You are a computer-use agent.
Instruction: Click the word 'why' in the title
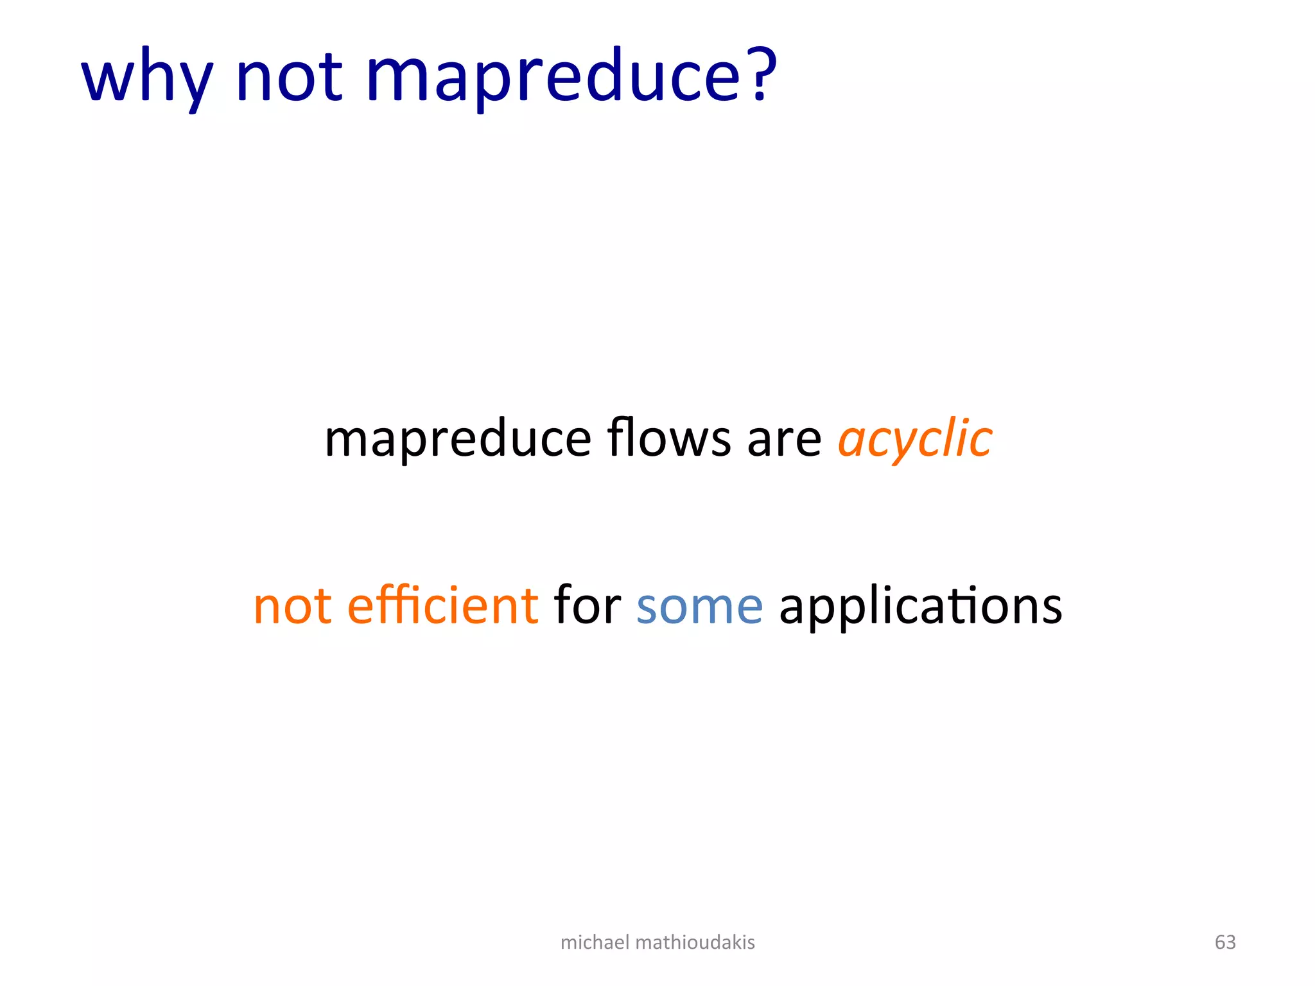point(146,78)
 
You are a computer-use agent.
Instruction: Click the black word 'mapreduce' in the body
point(458,440)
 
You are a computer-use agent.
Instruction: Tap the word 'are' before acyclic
point(784,440)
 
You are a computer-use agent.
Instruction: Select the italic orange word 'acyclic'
point(915,440)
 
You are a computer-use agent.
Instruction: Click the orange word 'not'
point(293,606)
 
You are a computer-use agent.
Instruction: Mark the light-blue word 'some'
point(699,607)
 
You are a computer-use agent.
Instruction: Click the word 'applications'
point(920,607)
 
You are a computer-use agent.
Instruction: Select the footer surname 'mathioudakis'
point(695,942)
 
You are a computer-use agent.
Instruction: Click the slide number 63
point(1225,942)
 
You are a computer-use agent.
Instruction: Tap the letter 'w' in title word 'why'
point(108,78)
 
